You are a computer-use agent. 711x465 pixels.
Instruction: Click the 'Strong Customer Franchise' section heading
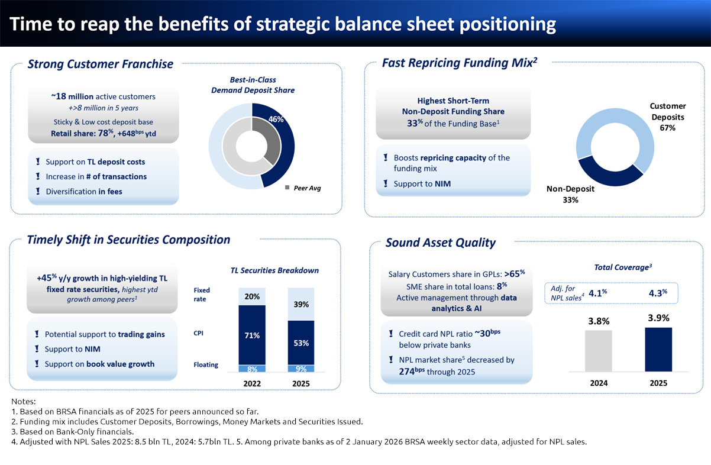pos(100,64)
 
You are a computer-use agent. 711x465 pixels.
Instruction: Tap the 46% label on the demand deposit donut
pos(276,120)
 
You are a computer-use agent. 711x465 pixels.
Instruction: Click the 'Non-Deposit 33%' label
pos(570,194)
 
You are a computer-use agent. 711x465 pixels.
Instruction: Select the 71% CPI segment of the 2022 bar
pos(252,335)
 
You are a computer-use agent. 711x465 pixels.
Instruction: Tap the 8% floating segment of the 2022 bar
pos(252,369)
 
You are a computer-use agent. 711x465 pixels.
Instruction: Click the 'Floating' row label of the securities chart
pos(206,365)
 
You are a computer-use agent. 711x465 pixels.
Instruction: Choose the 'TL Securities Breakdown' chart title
pos(274,270)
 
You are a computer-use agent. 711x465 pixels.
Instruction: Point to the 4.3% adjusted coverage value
pos(657,292)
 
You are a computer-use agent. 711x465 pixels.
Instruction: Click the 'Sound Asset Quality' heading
pos(440,243)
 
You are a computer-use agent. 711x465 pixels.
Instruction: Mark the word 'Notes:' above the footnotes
pos(24,402)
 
